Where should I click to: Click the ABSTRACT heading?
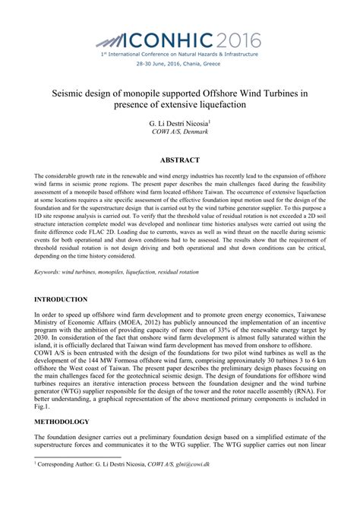pyautogui.click(x=180, y=160)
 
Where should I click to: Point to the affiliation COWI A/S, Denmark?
pyautogui.click(x=180, y=131)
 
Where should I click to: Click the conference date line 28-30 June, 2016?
pyautogui.click(x=180, y=64)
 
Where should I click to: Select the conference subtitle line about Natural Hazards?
pyautogui.click(x=180, y=55)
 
